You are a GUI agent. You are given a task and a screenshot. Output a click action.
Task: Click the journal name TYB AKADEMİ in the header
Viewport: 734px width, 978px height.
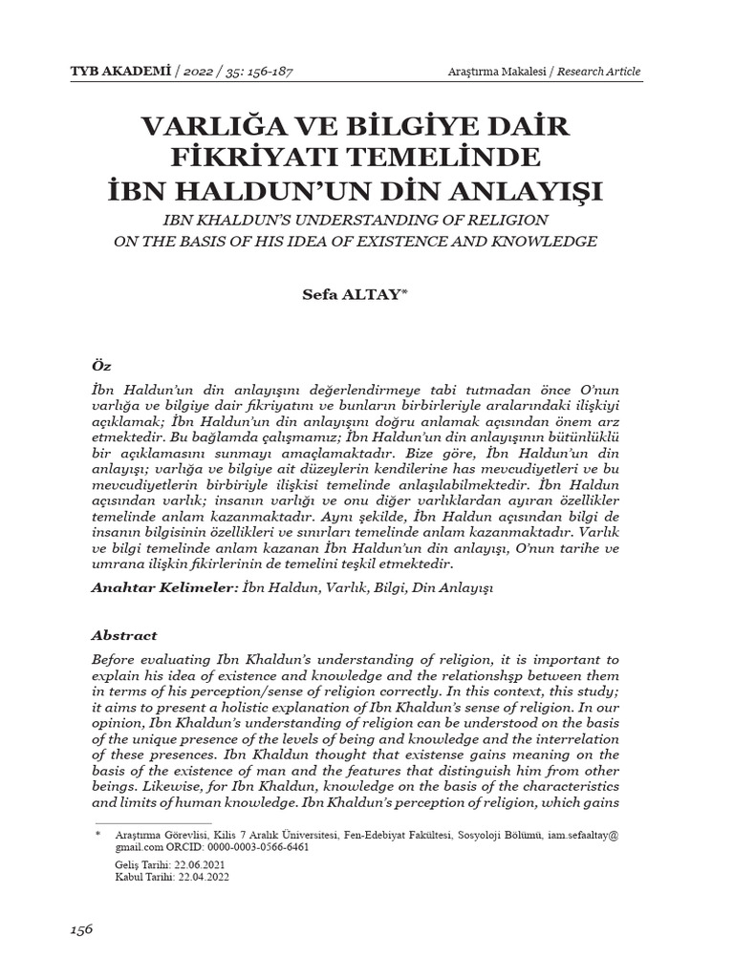point(129,72)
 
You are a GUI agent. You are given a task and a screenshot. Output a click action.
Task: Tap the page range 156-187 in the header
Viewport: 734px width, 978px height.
point(274,72)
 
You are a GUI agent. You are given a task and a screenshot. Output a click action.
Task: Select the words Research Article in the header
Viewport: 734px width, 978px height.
point(598,72)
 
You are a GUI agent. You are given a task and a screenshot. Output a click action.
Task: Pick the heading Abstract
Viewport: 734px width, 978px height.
point(123,635)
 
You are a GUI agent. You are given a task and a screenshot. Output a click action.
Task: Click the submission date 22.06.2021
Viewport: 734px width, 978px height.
point(194,863)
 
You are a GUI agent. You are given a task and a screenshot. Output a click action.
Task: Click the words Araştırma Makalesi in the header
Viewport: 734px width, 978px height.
point(494,72)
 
